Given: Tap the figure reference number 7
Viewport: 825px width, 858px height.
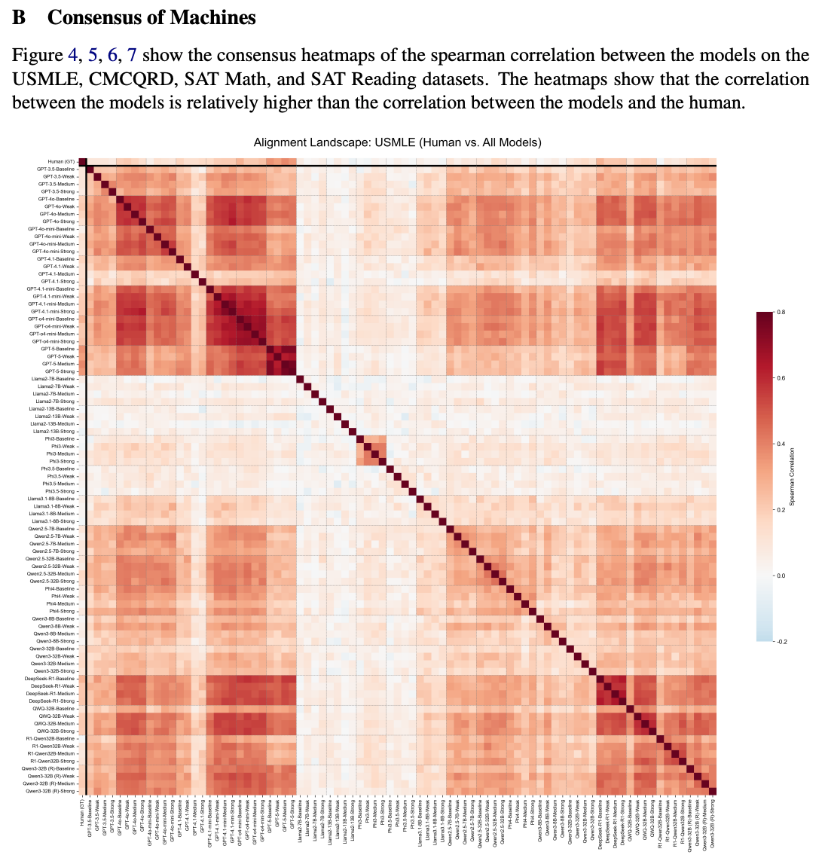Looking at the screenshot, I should [x=132, y=55].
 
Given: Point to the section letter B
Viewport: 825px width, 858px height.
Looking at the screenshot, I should [x=20, y=17].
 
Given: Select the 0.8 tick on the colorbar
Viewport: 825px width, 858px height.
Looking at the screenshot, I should [x=781, y=312].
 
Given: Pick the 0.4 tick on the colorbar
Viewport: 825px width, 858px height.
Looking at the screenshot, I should [x=781, y=444].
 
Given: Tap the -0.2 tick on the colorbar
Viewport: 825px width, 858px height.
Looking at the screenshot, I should [x=781, y=641].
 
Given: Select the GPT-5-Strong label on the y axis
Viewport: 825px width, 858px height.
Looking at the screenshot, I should [x=59, y=371].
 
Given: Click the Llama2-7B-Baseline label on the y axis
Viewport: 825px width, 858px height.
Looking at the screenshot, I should [x=53, y=379].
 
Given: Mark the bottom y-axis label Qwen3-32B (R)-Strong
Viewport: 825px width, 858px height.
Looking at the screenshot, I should [x=50, y=791].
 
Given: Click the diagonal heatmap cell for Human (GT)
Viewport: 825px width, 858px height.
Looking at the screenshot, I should [x=83, y=162].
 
